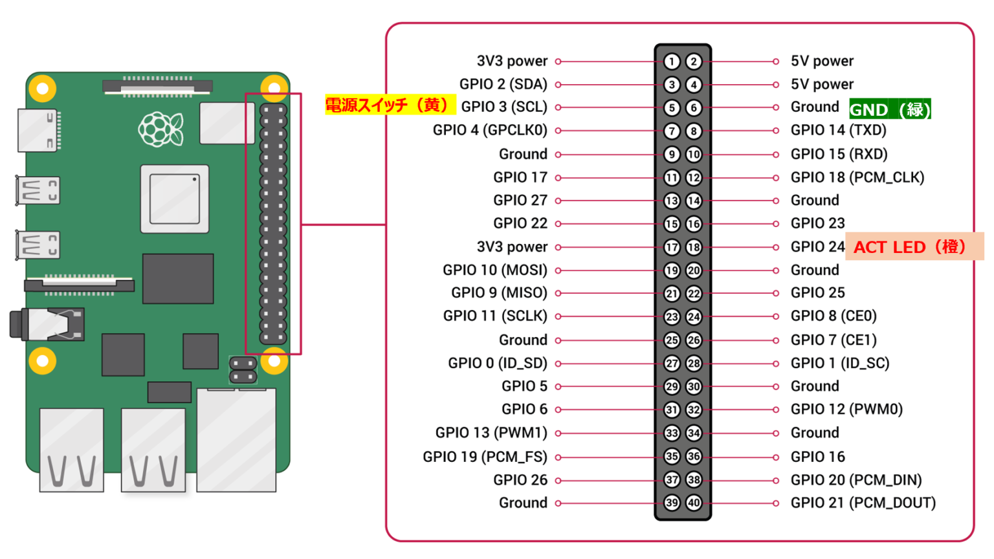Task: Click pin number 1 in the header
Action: pos(672,61)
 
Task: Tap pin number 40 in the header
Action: pos(694,503)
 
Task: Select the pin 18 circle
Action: pos(694,247)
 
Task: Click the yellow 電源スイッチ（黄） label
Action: pos(389,105)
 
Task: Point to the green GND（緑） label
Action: pos(890,109)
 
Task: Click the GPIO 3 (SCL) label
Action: pos(504,107)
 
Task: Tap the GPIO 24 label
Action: pos(817,247)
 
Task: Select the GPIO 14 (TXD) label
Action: pos(838,130)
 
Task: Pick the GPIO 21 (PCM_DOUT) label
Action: pos(863,503)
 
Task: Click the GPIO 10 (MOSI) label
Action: pos(495,270)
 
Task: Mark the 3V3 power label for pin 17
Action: pos(512,247)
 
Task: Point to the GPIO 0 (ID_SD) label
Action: pos(498,363)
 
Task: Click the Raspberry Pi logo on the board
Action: pos(160,129)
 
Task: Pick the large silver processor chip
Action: pos(175,199)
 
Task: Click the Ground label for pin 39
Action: pos(523,503)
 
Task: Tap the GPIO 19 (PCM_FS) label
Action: pos(485,457)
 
